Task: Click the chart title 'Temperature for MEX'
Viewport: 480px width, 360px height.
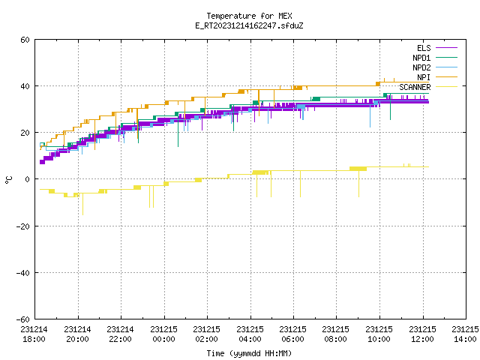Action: click(x=249, y=16)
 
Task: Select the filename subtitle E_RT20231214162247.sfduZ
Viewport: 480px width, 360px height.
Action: click(x=249, y=25)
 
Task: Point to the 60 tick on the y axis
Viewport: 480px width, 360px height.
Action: click(x=25, y=40)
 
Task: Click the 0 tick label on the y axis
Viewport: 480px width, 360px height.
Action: click(x=28, y=179)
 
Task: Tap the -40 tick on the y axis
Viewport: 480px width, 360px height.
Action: click(x=23, y=273)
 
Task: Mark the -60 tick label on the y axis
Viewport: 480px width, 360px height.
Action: click(x=23, y=319)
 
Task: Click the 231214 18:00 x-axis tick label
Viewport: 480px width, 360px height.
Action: click(x=34, y=334)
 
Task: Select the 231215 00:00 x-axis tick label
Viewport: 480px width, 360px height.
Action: click(x=163, y=334)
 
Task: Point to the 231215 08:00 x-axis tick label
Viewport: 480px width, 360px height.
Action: click(x=336, y=334)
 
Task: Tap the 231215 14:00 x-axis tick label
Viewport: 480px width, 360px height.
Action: click(x=465, y=334)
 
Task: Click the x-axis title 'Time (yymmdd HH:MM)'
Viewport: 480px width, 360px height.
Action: click(x=249, y=353)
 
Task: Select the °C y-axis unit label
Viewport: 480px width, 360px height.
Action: click(x=8, y=180)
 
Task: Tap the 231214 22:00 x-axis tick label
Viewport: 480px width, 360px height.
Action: click(x=120, y=334)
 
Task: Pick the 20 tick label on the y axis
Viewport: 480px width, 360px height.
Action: click(x=25, y=133)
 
